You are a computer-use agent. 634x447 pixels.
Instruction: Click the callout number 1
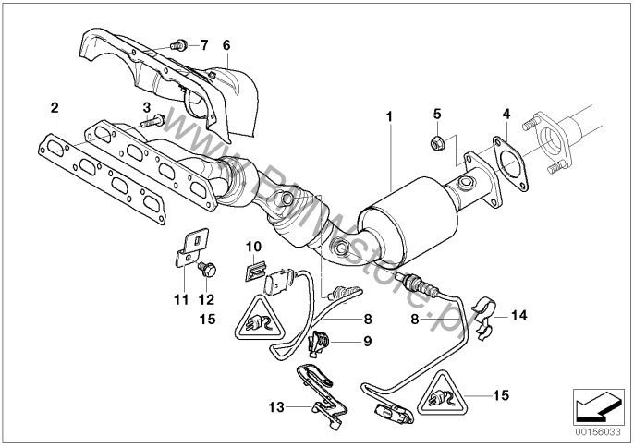pyautogui.click(x=390, y=117)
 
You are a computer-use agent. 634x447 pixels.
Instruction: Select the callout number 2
pyautogui.click(x=55, y=109)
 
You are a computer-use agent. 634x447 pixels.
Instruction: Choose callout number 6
pyautogui.click(x=226, y=44)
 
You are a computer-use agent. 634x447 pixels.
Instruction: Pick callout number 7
pyautogui.click(x=204, y=44)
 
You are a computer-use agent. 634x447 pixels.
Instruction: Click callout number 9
pyautogui.click(x=367, y=343)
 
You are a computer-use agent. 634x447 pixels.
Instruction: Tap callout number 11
pyautogui.click(x=181, y=300)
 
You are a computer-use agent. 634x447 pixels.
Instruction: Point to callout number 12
pyautogui.click(x=205, y=300)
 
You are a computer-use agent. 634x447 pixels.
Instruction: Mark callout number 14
pyautogui.click(x=519, y=316)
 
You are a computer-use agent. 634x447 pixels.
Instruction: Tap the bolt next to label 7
pyautogui.click(x=180, y=43)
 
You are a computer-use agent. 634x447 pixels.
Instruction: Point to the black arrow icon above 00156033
pyautogui.click(x=594, y=405)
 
